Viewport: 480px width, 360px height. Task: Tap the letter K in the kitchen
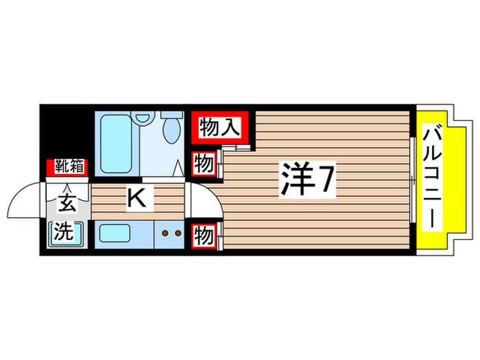coord(136,200)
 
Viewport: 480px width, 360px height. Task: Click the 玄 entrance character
coord(67,204)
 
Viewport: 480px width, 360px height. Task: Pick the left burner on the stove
coord(165,233)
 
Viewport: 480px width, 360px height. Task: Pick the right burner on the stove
coord(177,233)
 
